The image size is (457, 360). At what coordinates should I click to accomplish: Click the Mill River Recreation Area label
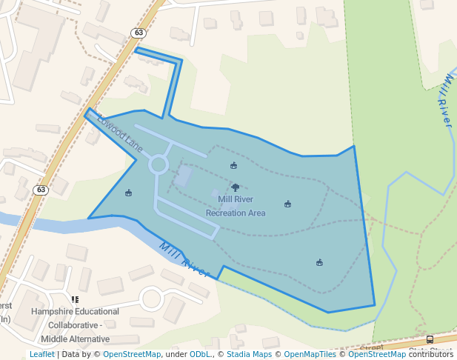(236, 206)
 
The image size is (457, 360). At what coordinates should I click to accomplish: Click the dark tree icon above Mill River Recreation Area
(236, 187)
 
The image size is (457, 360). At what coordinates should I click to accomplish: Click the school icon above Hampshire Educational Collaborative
(75, 300)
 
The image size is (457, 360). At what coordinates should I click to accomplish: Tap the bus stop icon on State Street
(430, 340)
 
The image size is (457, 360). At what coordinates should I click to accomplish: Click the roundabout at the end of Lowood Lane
(159, 164)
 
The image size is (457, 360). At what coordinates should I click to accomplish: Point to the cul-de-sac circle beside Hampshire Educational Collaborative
(151, 299)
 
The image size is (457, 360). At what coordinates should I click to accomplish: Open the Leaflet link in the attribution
(41, 354)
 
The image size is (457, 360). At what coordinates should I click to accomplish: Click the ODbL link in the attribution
(200, 354)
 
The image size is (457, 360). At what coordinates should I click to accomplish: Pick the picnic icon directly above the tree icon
(234, 165)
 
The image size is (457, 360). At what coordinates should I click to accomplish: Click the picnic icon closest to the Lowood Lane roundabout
(129, 193)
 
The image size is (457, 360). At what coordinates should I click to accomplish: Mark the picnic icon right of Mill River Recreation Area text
(287, 204)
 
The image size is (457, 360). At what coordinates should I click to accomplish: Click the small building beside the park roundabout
(182, 176)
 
